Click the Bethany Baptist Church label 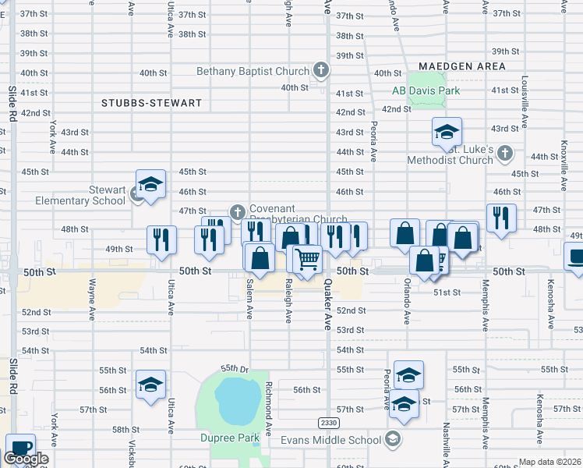coord(253,72)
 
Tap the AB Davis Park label coord(426,90)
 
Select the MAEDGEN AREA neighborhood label coord(461,66)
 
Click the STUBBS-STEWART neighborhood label coord(151,103)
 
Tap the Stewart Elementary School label coord(80,195)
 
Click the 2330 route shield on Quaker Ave coord(328,422)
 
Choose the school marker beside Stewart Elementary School coord(150,184)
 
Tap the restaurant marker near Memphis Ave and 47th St coord(500,218)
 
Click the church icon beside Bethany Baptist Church coord(320,71)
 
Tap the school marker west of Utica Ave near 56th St coord(150,385)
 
